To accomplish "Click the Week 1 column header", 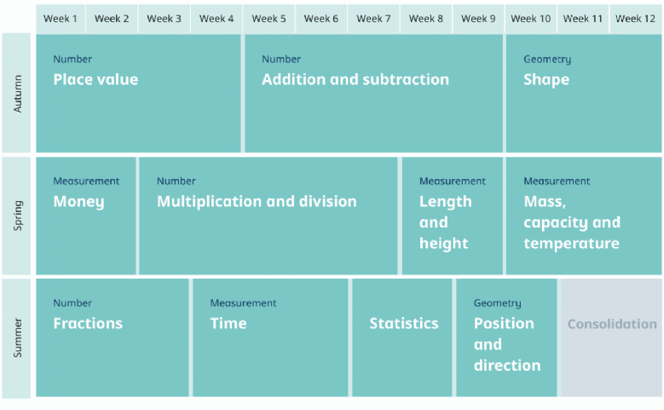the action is point(61,19).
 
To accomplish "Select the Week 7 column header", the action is point(373,19).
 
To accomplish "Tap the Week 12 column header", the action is point(635,19).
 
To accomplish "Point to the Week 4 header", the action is point(217,19).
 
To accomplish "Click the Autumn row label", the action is point(17,94).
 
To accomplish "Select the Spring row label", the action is point(17,216).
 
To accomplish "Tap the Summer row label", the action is point(17,338).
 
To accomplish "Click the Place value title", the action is point(95,79).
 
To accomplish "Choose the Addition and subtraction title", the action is point(355,79).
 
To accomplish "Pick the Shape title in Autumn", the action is point(546,80).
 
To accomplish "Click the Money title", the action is point(78,202).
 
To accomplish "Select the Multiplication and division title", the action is point(257,202).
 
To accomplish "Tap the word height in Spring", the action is point(444,244).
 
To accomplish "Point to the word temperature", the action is point(572,244).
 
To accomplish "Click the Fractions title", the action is point(88,324).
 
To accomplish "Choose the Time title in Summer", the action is point(228,324).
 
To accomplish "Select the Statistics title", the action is point(404,324).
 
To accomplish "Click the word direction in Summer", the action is point(507,366).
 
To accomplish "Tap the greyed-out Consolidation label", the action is point(612,324).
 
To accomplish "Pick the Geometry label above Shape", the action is point(547,60).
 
